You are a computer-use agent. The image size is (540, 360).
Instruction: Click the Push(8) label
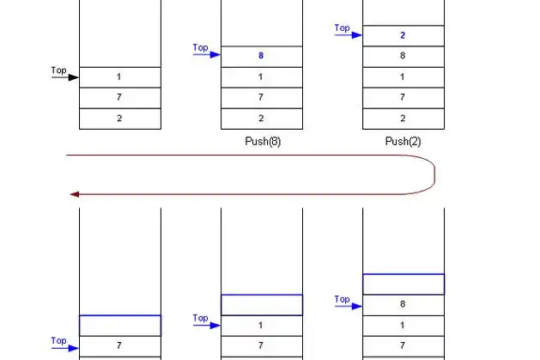tap(262, 142)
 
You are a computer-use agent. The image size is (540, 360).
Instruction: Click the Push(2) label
tap(403, 142)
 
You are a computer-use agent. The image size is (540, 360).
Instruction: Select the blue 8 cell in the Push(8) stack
tap(262, 56)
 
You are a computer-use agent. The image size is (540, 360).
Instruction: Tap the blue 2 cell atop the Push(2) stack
tap(403, 35)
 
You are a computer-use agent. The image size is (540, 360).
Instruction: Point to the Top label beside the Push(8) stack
tap(200, 47)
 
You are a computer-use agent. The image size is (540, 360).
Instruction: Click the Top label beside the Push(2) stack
tap(342, 27)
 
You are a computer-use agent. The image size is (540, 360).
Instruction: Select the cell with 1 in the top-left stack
tap(120, 76)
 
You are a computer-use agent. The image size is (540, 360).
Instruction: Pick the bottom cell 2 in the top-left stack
tap(120, 119)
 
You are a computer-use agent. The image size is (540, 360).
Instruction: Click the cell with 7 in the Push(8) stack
tap(262, 97)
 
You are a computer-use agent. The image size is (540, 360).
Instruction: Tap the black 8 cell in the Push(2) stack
tap(403, 56)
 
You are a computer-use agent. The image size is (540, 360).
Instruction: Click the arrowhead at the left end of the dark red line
tap(74, 194)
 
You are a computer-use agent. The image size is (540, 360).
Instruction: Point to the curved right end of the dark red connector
tap(434, 174)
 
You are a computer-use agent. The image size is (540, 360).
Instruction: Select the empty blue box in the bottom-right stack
tap(403, 284)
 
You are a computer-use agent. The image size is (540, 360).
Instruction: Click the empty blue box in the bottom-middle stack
tap(262, 304)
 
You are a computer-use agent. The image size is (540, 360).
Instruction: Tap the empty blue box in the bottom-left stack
tap(120, 325)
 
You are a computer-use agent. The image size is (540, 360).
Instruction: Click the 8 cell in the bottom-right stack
tap(403, 304)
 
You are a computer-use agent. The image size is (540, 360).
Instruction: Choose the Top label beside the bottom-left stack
tap(58, 340)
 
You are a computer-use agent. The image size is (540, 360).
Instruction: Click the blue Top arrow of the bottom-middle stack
tap(207, 326)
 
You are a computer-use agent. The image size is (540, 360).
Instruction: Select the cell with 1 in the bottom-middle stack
tap(262, 326)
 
